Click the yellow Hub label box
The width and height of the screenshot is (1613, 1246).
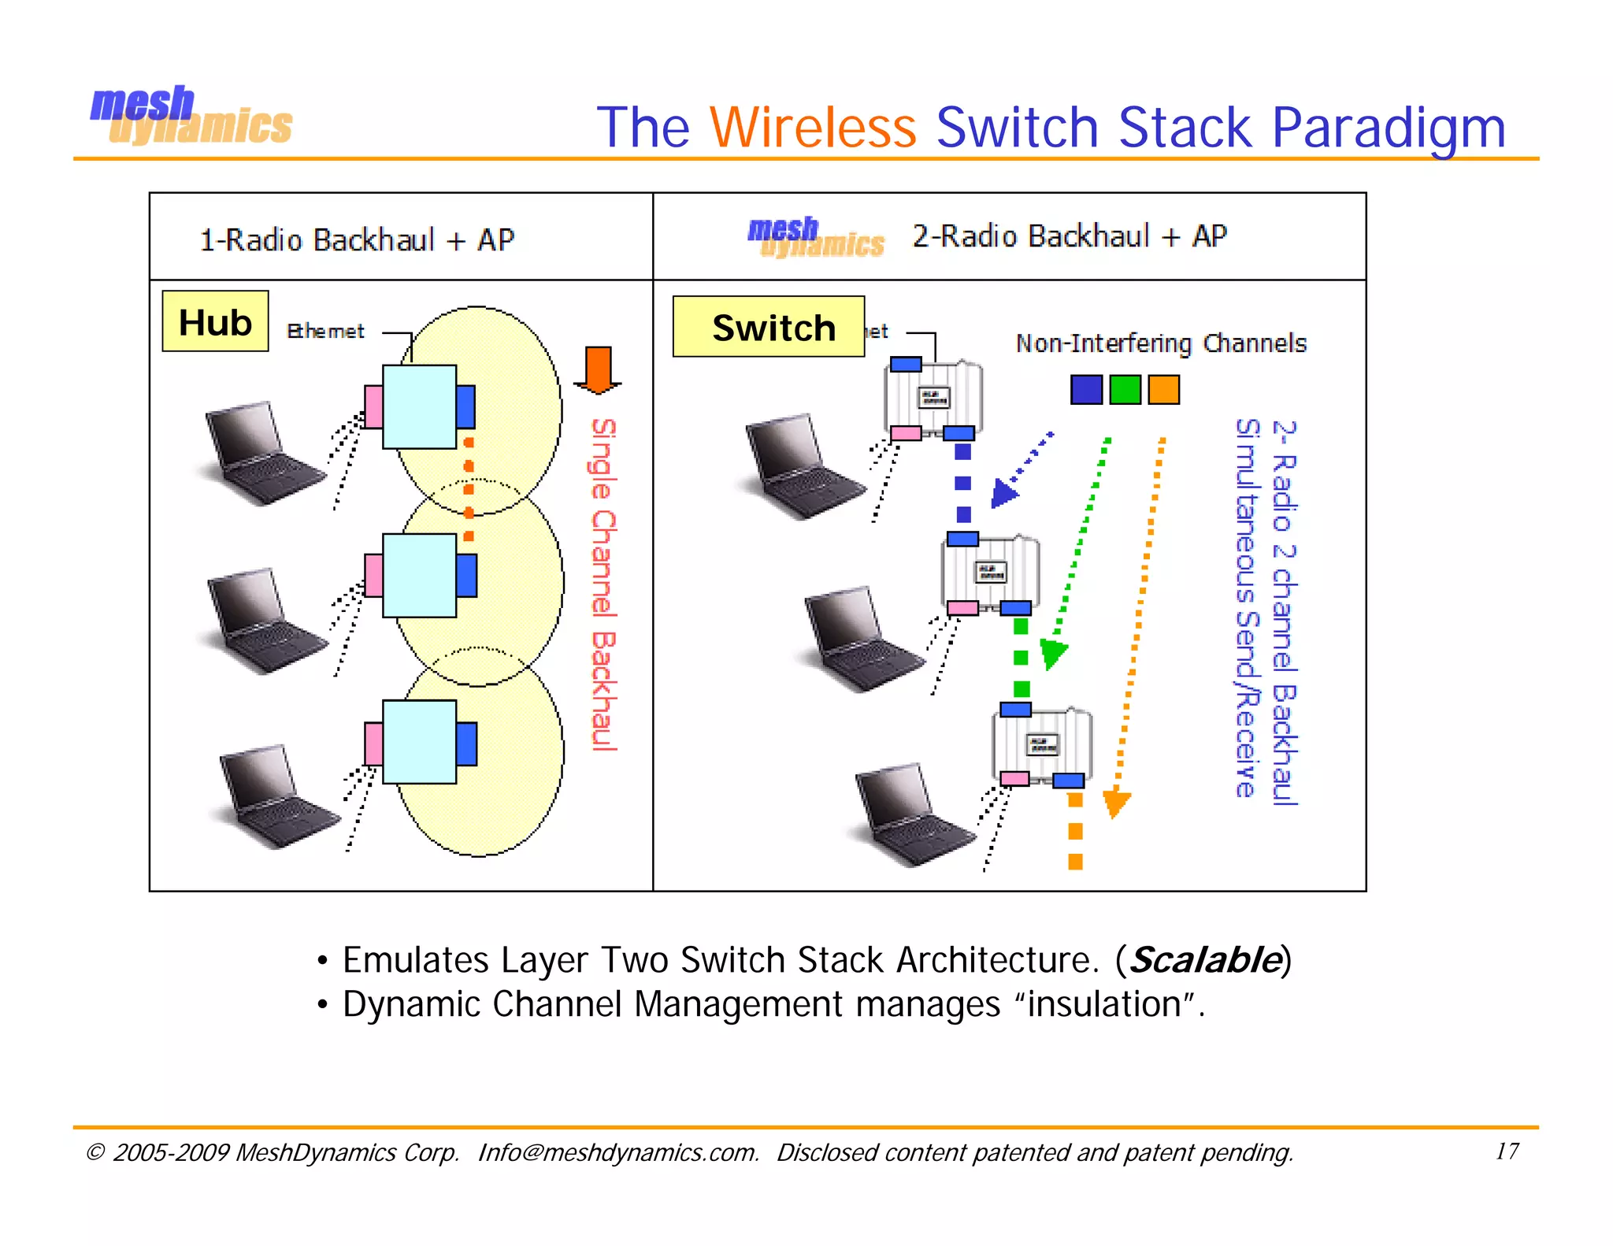pos(215,321)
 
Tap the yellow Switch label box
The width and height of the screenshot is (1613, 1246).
pos(769,327)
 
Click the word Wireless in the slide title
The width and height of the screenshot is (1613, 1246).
pos(813,128)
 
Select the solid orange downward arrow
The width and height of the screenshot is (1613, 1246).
pos(599,369)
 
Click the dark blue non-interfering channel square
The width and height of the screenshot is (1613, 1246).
pos(1086,389)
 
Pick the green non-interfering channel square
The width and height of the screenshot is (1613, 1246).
pos(1125,389)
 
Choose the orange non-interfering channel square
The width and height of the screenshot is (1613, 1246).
pos(1163,389)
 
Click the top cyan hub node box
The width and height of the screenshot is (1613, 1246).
pos(419,406)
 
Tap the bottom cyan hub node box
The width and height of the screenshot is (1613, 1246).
pos(419,741)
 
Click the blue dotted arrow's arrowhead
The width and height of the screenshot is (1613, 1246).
pos(1003,494)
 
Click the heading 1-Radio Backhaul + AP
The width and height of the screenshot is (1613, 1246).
pos(357,239)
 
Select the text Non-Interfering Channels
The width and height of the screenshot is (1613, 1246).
pos(1161,343)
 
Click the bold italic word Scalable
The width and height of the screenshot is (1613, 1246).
pos(1204,960)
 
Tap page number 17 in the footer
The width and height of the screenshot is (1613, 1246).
pos(1507,1151)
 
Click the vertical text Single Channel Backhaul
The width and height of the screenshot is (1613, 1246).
pos(603,584)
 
